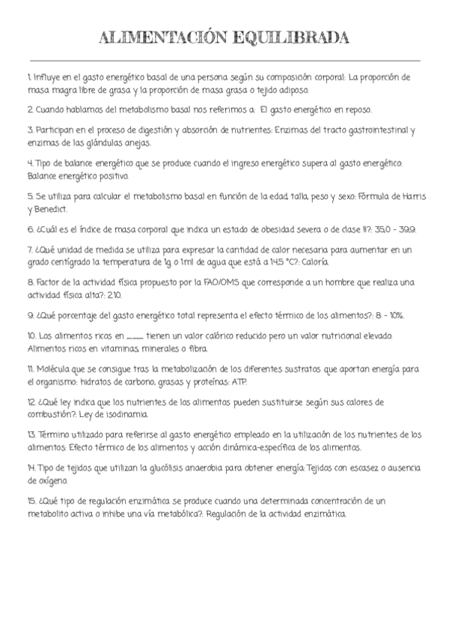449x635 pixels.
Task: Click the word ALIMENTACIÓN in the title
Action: [158, 38]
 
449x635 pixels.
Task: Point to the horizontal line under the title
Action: [224, 60]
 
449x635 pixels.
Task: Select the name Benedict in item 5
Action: [51, 209]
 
